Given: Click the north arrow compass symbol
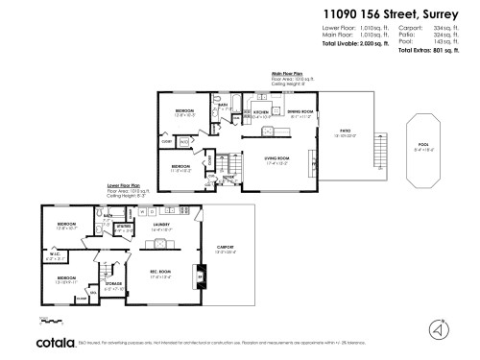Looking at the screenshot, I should point(440,328).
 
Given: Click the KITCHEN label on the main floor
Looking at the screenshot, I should point(260,112).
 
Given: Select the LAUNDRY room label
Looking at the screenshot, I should point(160,228).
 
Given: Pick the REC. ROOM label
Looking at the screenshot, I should point(161,273).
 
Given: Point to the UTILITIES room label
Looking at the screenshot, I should point(123,228).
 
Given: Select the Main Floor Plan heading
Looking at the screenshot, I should point(290,72).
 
